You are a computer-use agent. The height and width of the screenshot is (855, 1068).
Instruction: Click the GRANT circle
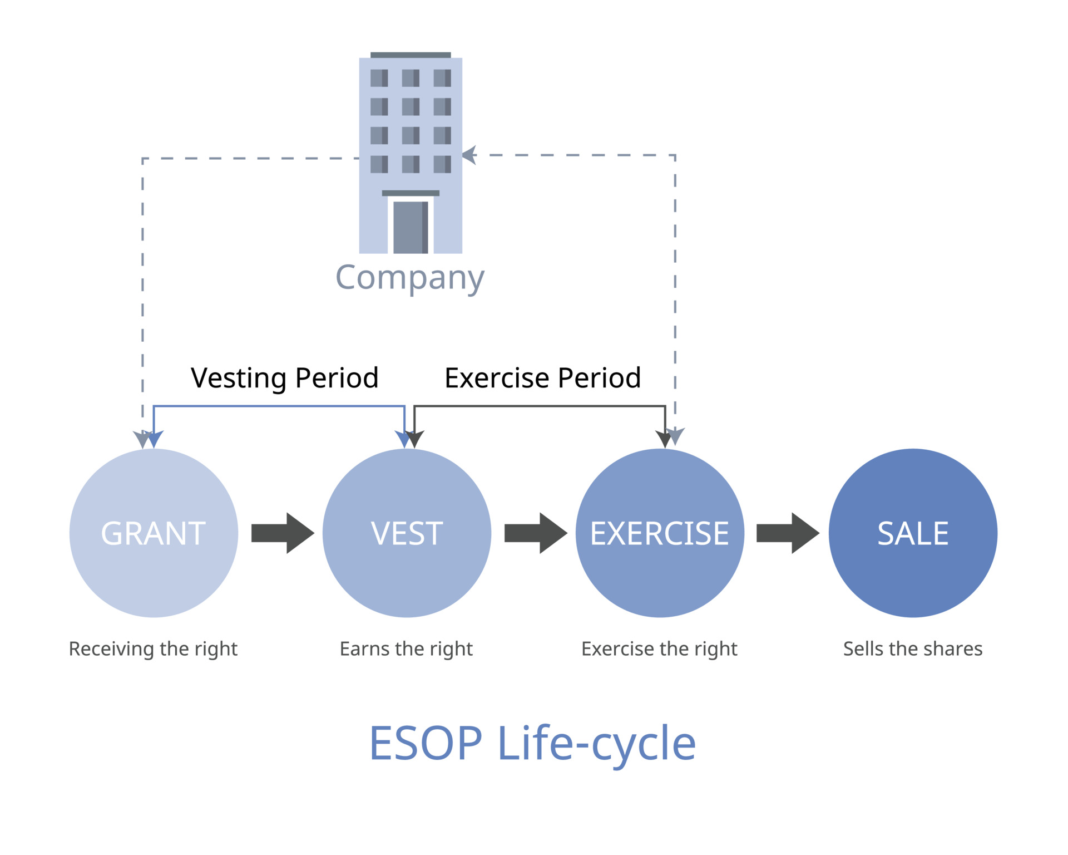[x=154, y=533]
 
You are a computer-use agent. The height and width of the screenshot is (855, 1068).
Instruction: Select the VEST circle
[x=407, y=533]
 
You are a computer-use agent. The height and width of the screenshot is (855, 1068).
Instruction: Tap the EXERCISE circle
[x=660, y=533]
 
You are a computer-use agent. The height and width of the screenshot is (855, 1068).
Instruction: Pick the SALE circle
[x=913, y=533]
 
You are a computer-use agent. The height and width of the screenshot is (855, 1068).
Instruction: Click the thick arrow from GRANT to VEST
[x=283, y=533]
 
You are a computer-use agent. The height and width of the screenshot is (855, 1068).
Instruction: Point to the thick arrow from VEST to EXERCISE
[x=536, y=533]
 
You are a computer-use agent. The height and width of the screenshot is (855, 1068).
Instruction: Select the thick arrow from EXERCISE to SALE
[x=788, y=533]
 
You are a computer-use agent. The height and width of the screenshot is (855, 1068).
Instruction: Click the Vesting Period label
[x=285, y=379]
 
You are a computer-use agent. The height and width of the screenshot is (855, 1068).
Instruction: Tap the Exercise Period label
[x=543, y=378]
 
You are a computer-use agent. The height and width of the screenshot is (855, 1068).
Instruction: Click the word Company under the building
[x=410, y=278]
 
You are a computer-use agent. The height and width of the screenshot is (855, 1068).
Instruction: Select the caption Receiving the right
[x=153, y=649]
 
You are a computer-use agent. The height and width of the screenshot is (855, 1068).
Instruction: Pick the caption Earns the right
[x=406, y=649]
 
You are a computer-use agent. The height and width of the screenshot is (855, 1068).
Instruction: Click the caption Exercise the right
[x=659, y=649]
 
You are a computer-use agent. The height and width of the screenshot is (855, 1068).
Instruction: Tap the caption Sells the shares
[x=913, y=648]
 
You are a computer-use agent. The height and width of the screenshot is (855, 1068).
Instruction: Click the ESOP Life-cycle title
[x=532, y=744]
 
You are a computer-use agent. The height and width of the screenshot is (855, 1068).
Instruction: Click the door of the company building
[x=411, y=227]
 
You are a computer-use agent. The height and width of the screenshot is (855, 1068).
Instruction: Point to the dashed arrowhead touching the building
[x=469, y=155]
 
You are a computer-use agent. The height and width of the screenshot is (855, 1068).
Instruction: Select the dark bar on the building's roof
[x=411, y=55]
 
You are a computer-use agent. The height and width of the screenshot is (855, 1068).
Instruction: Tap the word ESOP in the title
[x=426, y=743]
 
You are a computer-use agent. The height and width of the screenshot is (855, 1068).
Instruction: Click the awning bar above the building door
[x=411, y=193]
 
